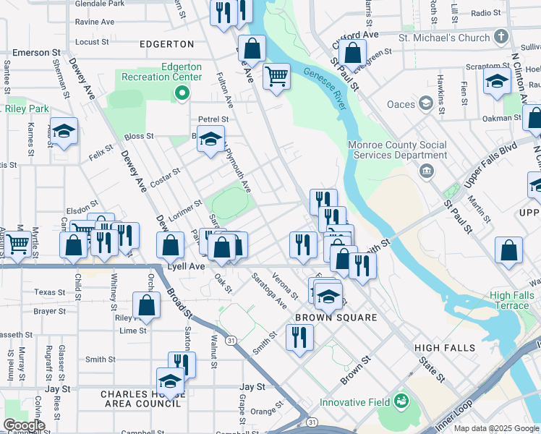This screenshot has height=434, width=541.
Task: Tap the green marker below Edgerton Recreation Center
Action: pyautogui.click(x=182, y=93)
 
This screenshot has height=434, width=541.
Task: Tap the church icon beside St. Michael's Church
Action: pyautogui.click(x=501, y=37)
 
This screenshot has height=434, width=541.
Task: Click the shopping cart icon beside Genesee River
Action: pyautogui.click(x=276, y=75)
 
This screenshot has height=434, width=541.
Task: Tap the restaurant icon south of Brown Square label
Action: pyautogui.click(x=299, y=336)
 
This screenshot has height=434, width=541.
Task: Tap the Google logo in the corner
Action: pyautogui.click(x=24, y=425)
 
